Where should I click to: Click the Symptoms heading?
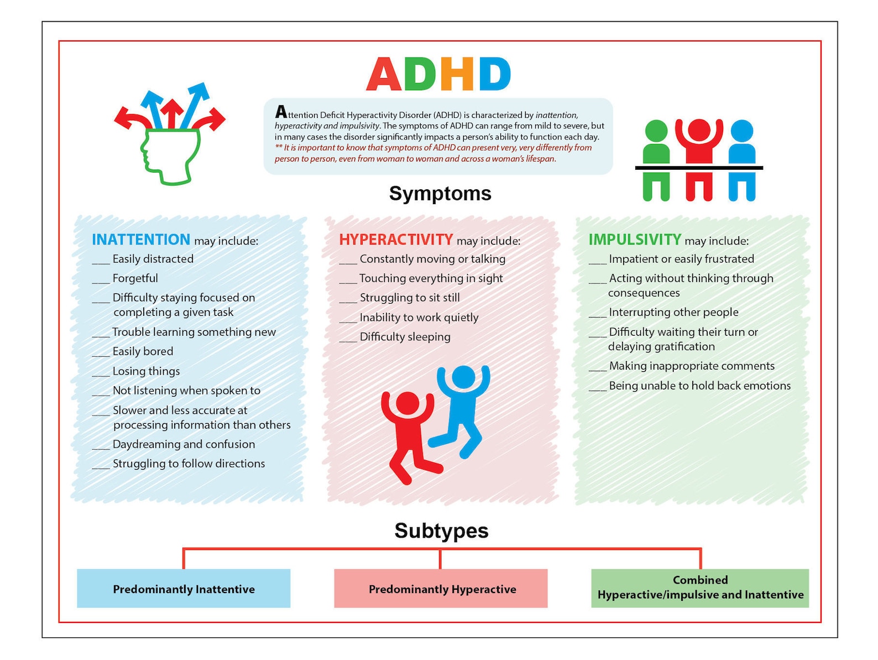(440, 194)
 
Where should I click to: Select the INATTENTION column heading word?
(141, 240)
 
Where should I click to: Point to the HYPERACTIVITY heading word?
(396, 240)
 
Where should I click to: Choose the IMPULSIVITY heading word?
(635, 240)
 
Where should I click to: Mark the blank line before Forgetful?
(101, 281)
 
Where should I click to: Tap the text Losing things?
(146, 371)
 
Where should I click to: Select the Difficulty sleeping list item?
(405, 337)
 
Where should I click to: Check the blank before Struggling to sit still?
(348, 300)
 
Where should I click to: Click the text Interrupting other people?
(673, 312)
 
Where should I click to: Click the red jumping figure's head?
(408, 403)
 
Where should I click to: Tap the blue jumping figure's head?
(463, 377)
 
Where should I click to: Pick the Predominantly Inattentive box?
(184, 589)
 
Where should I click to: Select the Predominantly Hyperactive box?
(441, 589)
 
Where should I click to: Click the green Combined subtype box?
(700, 588)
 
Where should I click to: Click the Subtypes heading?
(441, 531)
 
